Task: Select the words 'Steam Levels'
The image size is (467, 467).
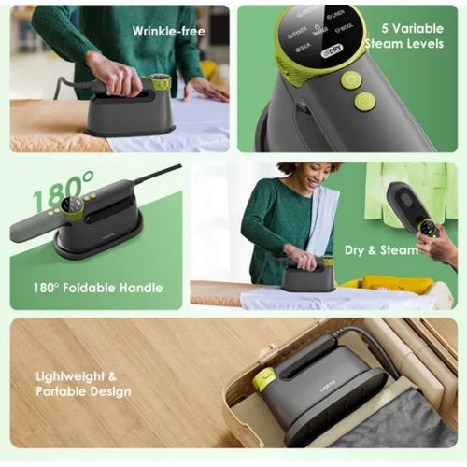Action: pos(403,44)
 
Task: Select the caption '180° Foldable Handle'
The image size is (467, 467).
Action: pos(99,288)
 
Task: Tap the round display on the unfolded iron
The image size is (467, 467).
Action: pos(67,207)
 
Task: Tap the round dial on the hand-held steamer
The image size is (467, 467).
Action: pos(428,227)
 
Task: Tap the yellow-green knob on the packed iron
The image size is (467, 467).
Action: pos(264,378)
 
